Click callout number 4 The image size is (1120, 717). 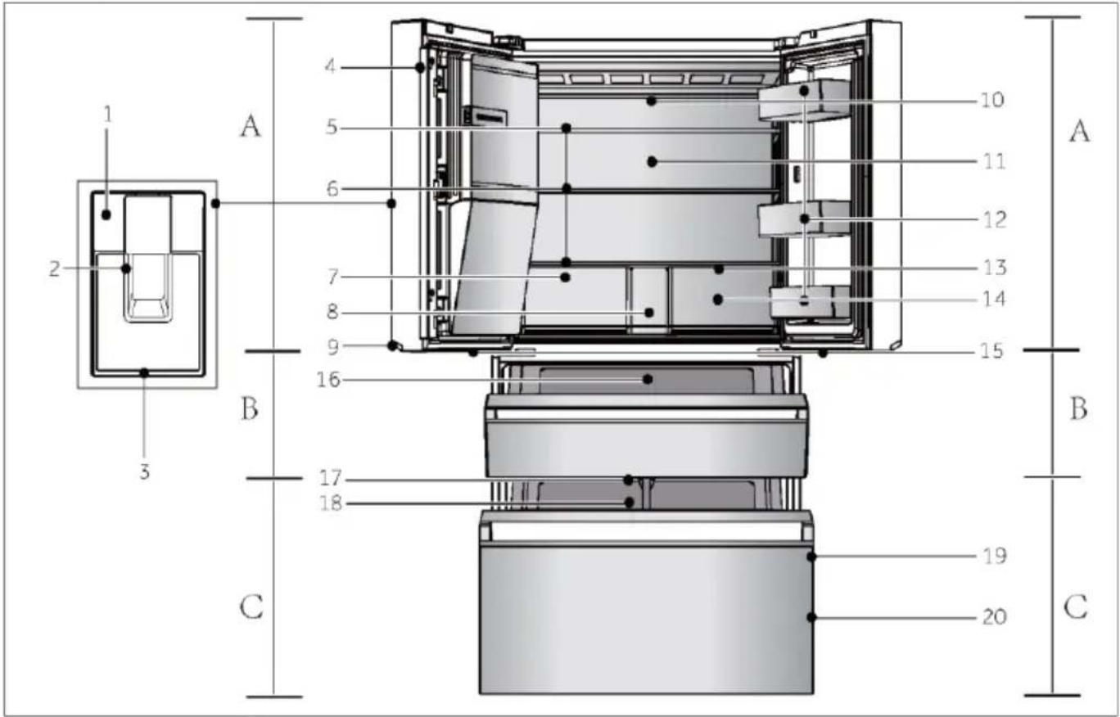click(330, 66)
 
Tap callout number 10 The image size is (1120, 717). click(992, 100)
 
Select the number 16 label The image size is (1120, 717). click(328, 380)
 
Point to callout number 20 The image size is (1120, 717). click(994, 617)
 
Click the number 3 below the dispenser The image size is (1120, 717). click(144, 471)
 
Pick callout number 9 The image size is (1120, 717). click(333, 347)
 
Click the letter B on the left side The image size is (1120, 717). click(250, 408)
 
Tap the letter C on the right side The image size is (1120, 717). click(1076, 607)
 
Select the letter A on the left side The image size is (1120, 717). click(251, 125)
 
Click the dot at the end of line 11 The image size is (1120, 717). click(652, 162)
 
